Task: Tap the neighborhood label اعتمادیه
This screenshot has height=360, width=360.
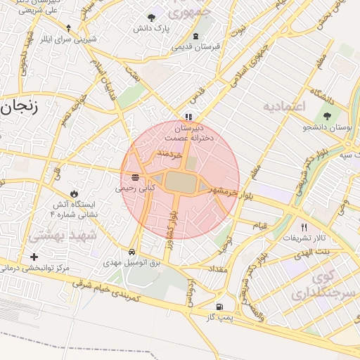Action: click(x=285, y=106)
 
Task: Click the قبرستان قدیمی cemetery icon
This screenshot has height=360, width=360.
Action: click(x=195, y=37)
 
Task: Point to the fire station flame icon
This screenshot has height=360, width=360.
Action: click(x=74, y=193)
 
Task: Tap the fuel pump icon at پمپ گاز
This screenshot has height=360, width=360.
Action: click(x=221, y=307)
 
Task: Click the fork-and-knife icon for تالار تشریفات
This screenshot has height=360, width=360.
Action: click(x=304, y=227)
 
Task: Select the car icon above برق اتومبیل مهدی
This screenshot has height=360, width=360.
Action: click(x=132, y=251)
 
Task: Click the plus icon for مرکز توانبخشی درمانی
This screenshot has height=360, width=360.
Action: click(x=34, y=257)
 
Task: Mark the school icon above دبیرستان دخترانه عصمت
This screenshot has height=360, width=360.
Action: click(x=188, y=117)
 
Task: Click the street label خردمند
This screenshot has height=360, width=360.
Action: click(x=170, y=152)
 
